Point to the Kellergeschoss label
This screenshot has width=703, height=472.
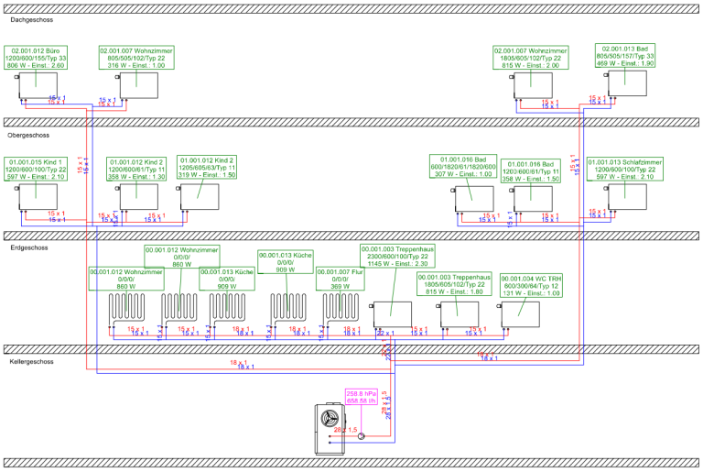click(x=31, y=362)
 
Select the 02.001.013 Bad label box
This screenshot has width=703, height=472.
click(x=626, y=55)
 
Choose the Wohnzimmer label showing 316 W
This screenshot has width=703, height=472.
click(x=136, y=58)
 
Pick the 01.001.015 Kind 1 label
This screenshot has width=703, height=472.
click(x=38, y=170)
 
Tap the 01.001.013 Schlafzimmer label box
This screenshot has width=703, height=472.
click(x=625, y=170)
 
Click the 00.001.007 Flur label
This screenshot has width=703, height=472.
click(x=341, y=280)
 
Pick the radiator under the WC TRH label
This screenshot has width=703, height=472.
click(x=521, y=313)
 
